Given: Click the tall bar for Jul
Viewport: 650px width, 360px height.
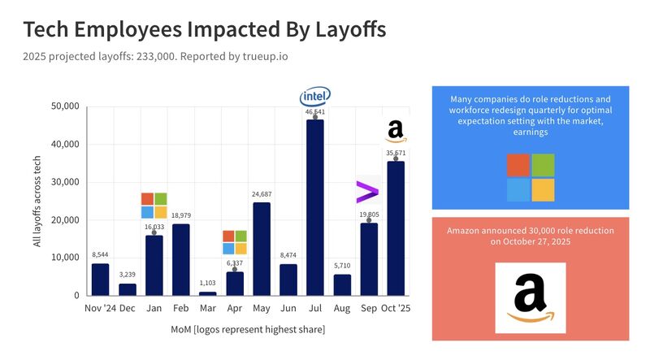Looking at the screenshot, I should [314, 207].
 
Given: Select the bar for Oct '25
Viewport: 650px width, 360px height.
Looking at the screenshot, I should [395, 228].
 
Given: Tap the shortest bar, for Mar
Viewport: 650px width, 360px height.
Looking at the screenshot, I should [208, 293].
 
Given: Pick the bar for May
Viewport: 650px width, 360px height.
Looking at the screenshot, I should [262, 249].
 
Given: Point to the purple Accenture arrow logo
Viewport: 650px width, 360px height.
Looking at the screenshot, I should [367, 193].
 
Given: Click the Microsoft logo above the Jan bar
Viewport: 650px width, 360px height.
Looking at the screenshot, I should [154, 206].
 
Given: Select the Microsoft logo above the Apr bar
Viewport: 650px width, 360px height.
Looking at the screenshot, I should [235, 242].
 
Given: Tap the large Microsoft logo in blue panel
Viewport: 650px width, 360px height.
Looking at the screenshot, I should [531, 177].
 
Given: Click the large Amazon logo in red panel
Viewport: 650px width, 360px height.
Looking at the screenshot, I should [531, 297].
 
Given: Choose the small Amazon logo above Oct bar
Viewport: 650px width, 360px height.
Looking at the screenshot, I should [396, 130].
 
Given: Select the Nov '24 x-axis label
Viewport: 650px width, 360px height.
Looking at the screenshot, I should [99, 309].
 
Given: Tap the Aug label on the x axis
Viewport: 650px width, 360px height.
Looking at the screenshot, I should [341, 309].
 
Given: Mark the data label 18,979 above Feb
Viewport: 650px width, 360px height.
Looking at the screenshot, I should [180, 215].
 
